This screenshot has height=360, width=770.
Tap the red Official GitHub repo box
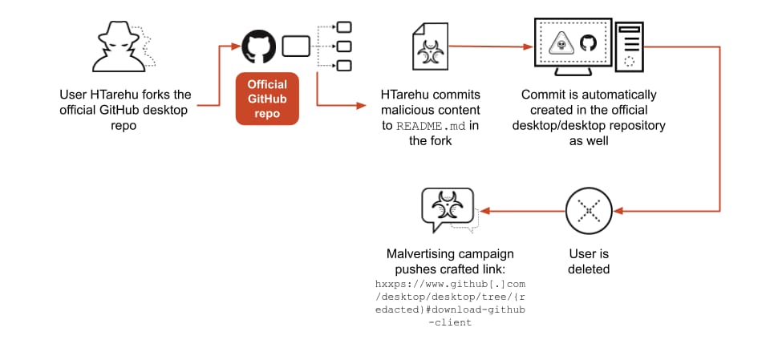coord(267,99)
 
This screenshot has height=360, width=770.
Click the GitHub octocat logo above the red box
coord(258,47)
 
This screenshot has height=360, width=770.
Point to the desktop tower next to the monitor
coord(630,47)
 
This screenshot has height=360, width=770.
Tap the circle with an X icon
coord(589,212)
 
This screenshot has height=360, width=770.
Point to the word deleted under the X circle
coord(589,269)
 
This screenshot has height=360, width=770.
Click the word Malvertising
coord(421,254)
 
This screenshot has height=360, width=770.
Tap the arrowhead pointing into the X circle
coord(619,212)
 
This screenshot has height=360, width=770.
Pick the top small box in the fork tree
coord(342,27)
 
